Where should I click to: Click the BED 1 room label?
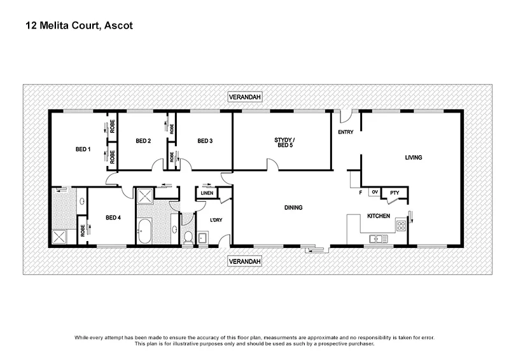pos(84,149)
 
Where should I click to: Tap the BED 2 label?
pos(143,141)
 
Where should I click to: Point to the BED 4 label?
pos(112,218)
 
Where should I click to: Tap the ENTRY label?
pos(345,132)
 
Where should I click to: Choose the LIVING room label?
pos(414,157)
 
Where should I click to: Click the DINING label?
pos(293,207)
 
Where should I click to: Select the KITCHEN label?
pos(379,216)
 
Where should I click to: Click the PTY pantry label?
pos(394,193)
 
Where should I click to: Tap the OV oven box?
pos(375,192)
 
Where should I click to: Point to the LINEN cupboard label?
pos(207,193)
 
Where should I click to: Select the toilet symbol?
pos(188,237)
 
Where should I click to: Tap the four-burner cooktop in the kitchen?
pos(401,225)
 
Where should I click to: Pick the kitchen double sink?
pos(378,240)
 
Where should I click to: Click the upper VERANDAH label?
pos(245,97)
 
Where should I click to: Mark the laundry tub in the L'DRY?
pos(202,239)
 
